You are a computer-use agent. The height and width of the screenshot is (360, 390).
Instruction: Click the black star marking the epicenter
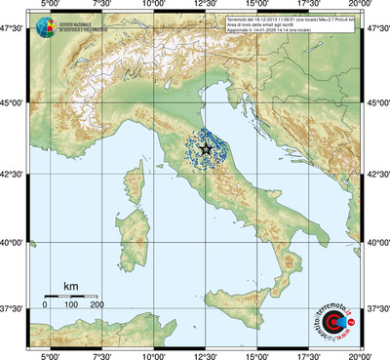click(x=206, y=149)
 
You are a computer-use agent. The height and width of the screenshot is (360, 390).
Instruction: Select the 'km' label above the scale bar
click(x=70, y=286)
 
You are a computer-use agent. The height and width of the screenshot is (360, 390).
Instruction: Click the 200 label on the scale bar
click(x=97, y=305)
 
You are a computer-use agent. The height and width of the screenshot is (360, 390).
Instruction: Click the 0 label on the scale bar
click(x=45, y=305)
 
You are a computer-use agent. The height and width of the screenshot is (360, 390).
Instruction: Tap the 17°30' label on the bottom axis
click(x=309, y=354)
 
